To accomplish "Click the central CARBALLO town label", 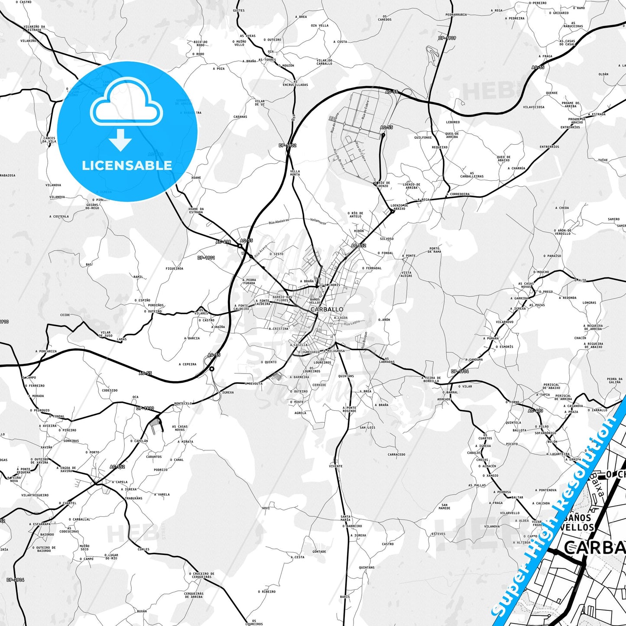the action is point(327,309).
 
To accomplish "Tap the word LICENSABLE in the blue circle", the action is point(127,165).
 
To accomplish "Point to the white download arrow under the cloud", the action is point(120,139).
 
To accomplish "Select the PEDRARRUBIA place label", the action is point(456,15).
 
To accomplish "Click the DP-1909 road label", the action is point(447,38).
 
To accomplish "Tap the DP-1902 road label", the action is point(288,146).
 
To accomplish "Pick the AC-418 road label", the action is point(224,242).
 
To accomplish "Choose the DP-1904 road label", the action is point(460,371).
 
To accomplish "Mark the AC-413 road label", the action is point(535,411).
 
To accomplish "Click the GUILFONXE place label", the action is point(423,138).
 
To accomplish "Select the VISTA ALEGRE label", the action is point(406,274).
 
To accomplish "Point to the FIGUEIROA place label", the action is point(174,269).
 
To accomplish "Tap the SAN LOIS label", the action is point(367,428).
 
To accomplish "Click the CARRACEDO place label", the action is point(396,454).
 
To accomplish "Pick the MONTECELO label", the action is point(183,403).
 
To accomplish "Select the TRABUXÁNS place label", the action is point(133,498).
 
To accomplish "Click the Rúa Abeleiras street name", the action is point(279,221).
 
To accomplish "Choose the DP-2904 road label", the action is point(16,580).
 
